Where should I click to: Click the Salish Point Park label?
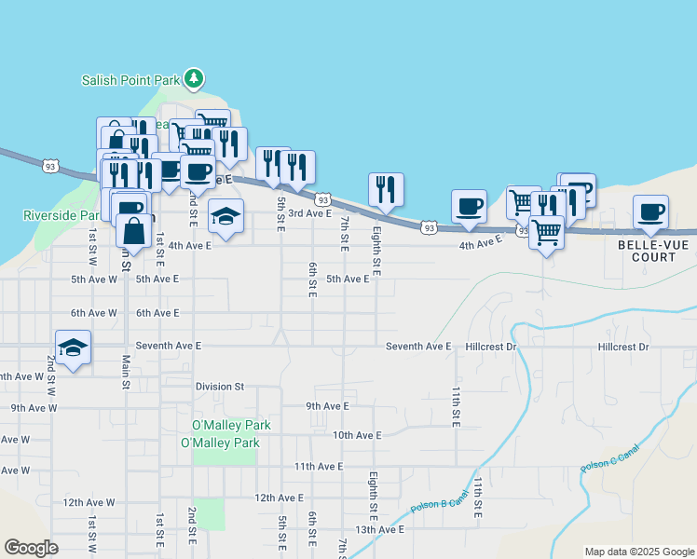point(130,80)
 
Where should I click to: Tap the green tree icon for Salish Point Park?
point(194,78)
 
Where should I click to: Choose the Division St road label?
point(219,386)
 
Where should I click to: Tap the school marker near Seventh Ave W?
point(73,348)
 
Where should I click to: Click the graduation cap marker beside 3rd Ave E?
point(225,217)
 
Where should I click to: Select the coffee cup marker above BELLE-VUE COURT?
point(650,211)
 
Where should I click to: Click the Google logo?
point(31,548)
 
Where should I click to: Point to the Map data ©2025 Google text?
point(638,552)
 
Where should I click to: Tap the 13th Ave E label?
point(378,529)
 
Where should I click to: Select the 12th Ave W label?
point(89,502)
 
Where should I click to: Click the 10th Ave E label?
point(357,435)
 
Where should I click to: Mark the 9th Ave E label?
point(327,405)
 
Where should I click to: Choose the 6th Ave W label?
point(93,313)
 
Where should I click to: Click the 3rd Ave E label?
point(309,213)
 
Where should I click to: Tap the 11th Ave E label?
point(319,466)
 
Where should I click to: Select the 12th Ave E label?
point(279,498)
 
